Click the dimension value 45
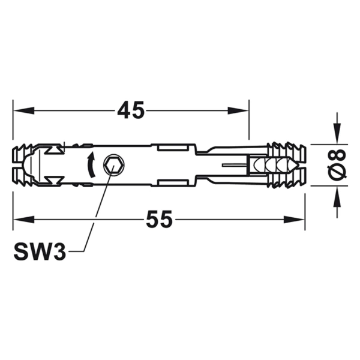coord(131,110)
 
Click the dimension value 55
coord(159,219)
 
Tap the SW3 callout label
coord(40,251)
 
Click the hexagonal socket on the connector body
coord(113,165)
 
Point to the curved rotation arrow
coord(92,164)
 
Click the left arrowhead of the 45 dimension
coord(23,110)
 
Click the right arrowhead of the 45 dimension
coord(238,110)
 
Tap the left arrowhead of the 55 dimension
coord(23,219)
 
